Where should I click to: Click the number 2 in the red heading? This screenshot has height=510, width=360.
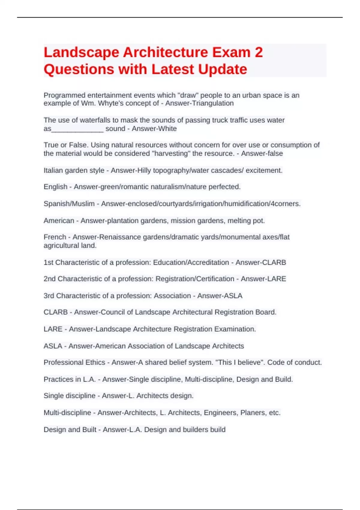coord(259,52)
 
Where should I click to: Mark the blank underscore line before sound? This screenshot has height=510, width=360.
coord(77,129)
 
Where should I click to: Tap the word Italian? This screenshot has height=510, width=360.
coord(53,170)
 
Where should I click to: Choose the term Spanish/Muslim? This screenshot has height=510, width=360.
coord(69,204)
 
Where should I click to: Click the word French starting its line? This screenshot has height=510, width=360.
coord(55,237)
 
